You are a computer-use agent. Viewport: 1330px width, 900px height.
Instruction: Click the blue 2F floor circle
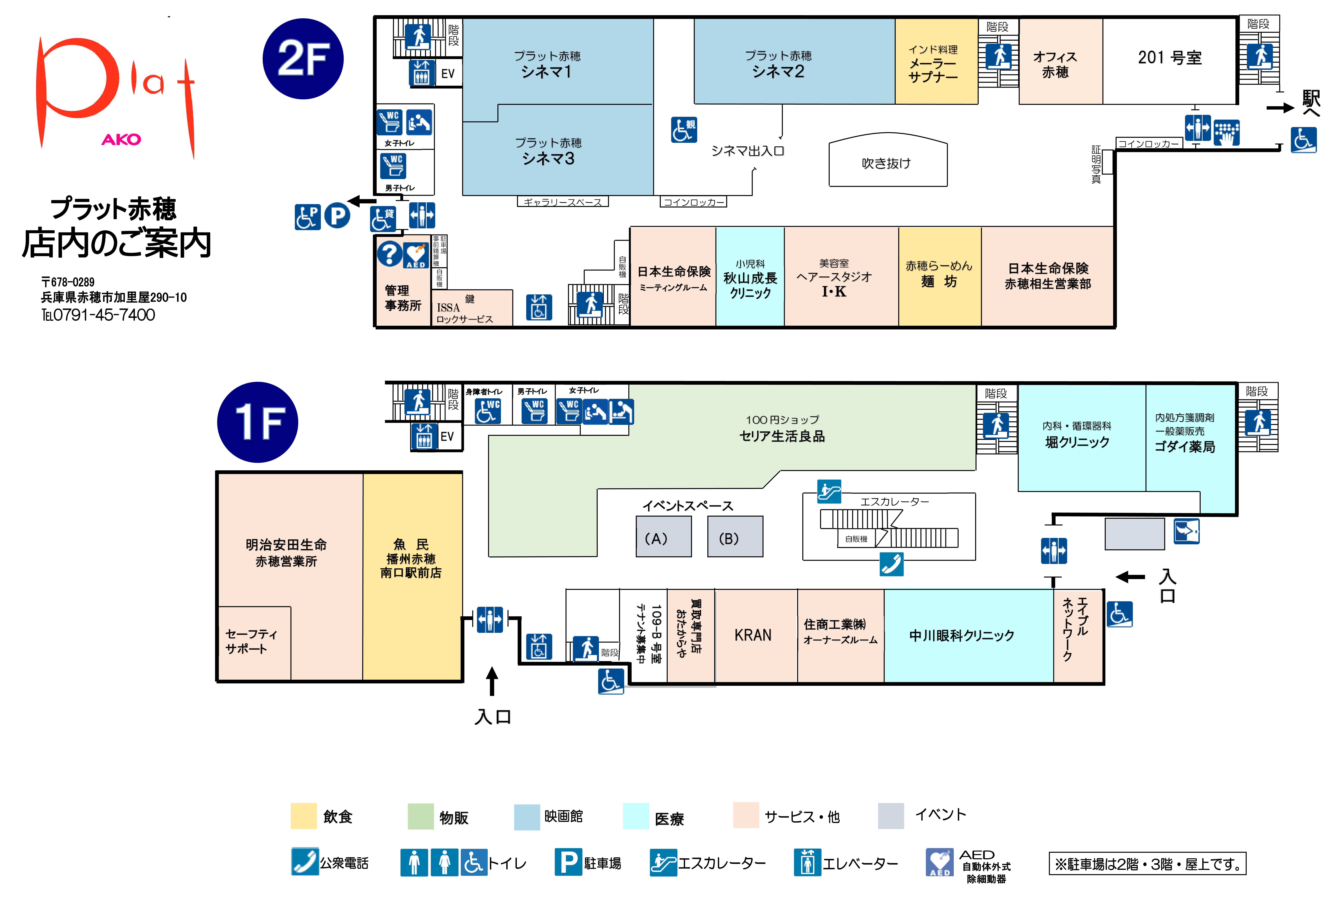pyautogui.click(x=303, y=59)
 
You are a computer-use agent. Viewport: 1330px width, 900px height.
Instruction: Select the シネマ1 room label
pyautogui.click(x=547, y=72)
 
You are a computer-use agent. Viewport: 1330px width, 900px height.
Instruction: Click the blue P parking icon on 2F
pyautogui.click(x=337, y=216)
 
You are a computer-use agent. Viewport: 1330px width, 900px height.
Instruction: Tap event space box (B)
pyautogui.click(x=735, y=536)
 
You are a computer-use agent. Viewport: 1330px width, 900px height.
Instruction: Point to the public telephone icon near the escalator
pyautogui.click(x=892, y=564)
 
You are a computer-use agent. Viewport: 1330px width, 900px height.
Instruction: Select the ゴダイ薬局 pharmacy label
pyautogui.click(x=1185, y=447)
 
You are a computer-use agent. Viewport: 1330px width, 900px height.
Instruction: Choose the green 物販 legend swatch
pyautogui.click(x=421, y=816)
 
